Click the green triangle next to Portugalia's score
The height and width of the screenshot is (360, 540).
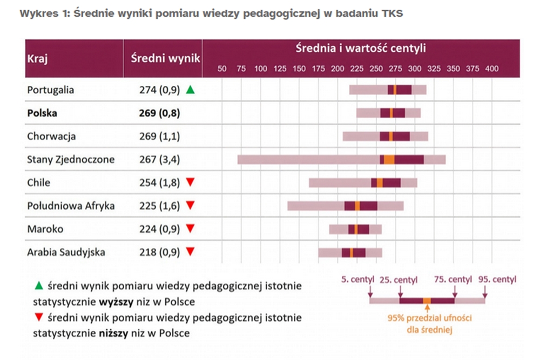point(190,90)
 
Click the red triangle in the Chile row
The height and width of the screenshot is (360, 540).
point(190,182)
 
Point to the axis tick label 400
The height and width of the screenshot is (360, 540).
point(491,69)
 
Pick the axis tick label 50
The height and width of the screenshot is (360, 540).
point(221,69)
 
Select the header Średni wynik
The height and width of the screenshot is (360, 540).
point(165,58)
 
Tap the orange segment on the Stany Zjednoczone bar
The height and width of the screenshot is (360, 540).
point(389,159)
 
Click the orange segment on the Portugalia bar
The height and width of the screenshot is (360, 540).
point(395,90)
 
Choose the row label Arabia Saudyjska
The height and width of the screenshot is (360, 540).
point(66,252)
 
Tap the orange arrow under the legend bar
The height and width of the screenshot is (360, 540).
point(427,309)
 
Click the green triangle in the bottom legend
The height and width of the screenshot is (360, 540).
point(38,285)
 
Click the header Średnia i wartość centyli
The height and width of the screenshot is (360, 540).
point(361,47)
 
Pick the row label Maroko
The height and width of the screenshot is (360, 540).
point(45,229)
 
